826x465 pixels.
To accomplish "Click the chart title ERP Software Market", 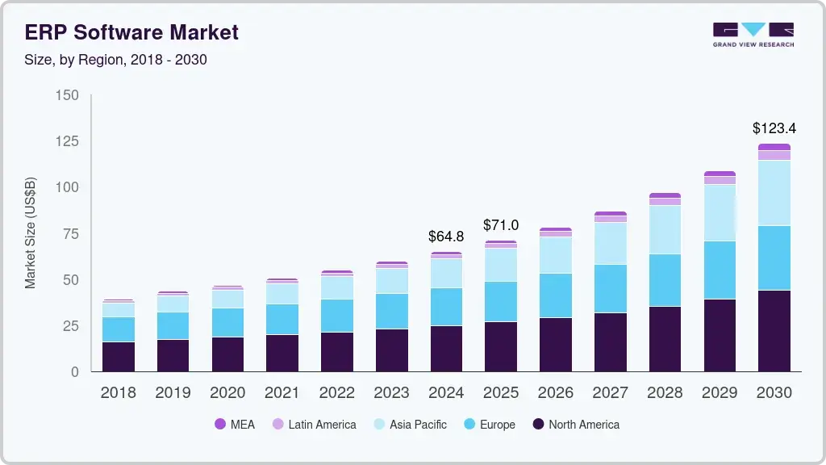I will [132, 32].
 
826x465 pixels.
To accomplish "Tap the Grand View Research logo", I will [753, 35].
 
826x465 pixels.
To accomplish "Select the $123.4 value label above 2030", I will [774, 128].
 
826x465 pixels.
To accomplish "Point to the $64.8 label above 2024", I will [446, 237].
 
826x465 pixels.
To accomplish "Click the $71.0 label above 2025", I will [501, 225].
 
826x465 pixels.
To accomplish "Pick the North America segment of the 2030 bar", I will [774, 331].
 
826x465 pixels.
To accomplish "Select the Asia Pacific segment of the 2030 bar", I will [774, 193].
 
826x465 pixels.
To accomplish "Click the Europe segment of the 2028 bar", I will [665, 280].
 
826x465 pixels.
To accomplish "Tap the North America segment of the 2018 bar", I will [118, 357].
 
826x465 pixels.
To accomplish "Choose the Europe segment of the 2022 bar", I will [336, 316].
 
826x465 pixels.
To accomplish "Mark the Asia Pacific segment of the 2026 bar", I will [556, 255].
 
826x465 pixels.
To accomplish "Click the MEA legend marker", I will [220, 425].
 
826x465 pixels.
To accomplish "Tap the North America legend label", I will [584, 425].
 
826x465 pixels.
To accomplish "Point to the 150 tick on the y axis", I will [68, 95].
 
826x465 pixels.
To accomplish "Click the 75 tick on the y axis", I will [71, 234].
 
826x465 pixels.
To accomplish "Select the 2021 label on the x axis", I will [282, 393].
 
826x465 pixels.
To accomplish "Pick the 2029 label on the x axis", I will [720, 393].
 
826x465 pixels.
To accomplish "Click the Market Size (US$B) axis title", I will [31, 233].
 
